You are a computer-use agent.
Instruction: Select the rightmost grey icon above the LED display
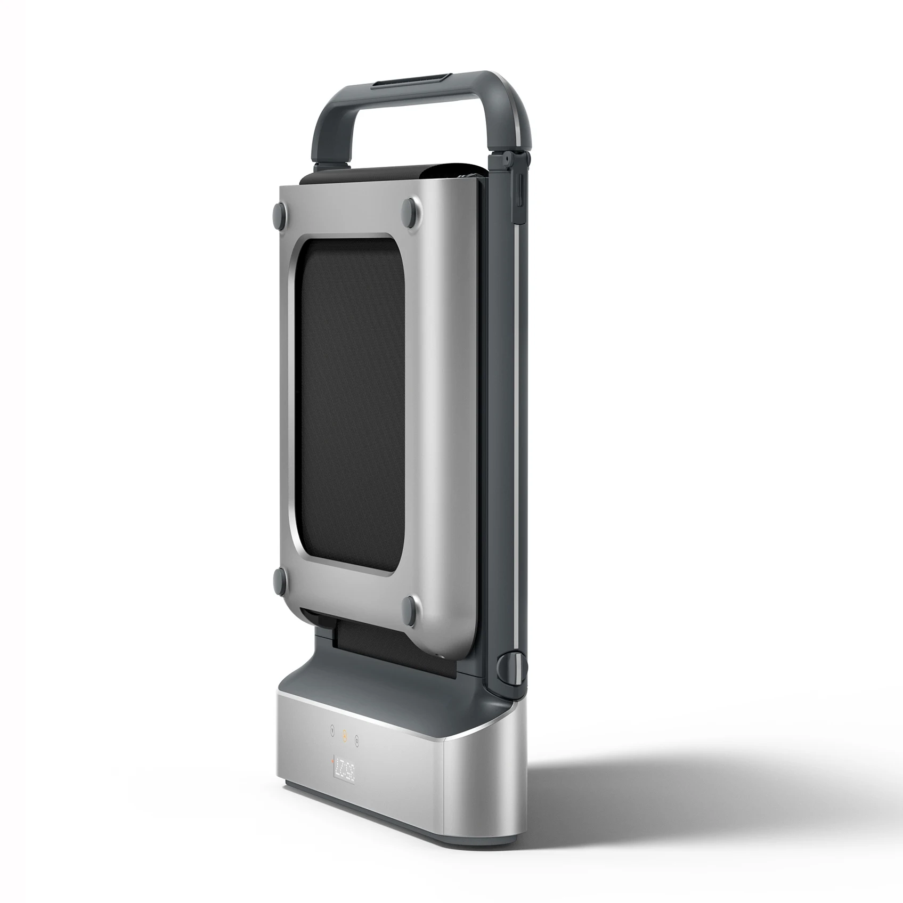[356, 739]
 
